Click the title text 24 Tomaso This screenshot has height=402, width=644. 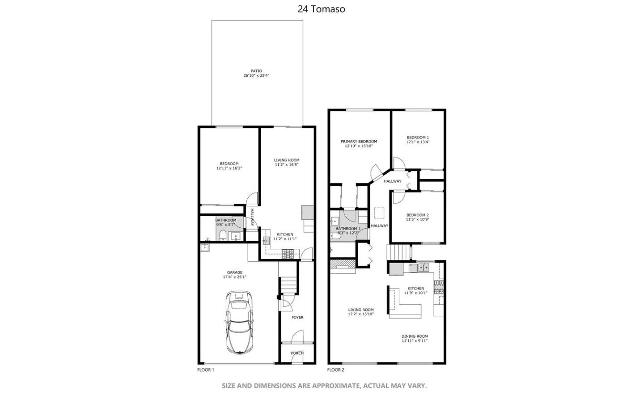pyautogui.click(x=321, y=9)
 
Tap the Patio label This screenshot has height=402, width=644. pyautogui.click(x=256, y=71)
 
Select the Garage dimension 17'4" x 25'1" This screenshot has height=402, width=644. pyautogui.click(x=235, y=277)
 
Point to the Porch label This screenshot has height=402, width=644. pyautogui.click(x=297, y=353)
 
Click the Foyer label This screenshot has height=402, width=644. pyautogui.click(x=297, y=318)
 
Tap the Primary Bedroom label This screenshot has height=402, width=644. pyautogui.click(x=359, y=142)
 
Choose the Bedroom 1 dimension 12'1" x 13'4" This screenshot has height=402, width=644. pyautogui.click(x=418, y=142)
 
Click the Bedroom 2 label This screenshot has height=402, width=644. pyautogui.click(x=418, y=215)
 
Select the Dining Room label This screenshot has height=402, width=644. pyautogui.click(x=415, y=336)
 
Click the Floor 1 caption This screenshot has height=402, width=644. pyautogui.click(x=206, y=370)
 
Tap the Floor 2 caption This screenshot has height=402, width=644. pyautogui.click(x=336, y=370)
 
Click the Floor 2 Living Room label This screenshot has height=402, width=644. pyautogui.click(x=361, y=310)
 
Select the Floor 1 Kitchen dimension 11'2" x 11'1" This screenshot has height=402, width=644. pyautogui.click(x=285, y=239)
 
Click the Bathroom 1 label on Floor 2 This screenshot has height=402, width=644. pyautogui.click(x=348, y=229)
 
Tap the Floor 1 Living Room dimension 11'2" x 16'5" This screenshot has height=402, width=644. pyautogui.click(x=287, y=165)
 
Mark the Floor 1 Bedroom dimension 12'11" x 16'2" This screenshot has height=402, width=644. pyautogui.click(x=229, y=168)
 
